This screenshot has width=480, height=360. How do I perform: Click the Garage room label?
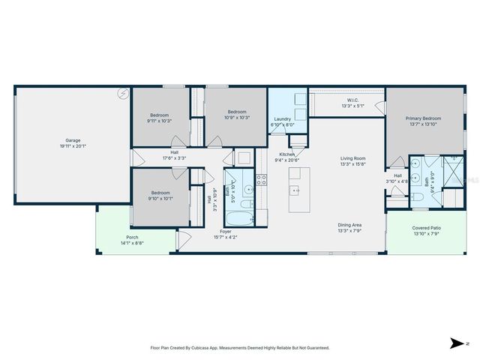point(72,140)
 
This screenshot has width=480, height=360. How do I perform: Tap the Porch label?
point(132,238)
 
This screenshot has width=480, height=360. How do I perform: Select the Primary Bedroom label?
point(423,118)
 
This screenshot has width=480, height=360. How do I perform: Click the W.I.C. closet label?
point(352,100)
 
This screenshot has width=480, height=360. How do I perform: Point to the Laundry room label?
point(282,119)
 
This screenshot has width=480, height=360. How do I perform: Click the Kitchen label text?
point(287,154)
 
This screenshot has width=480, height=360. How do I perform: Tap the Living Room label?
point(352,158)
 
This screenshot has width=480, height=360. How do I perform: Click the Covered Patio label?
point(426,228)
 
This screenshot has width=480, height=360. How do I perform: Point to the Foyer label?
point(225,232)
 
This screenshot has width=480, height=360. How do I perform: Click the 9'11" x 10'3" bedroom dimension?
point(160,120)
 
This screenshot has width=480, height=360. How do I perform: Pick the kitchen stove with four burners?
point(262,180)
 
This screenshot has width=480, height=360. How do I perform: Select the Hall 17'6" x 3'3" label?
point(174,155)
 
